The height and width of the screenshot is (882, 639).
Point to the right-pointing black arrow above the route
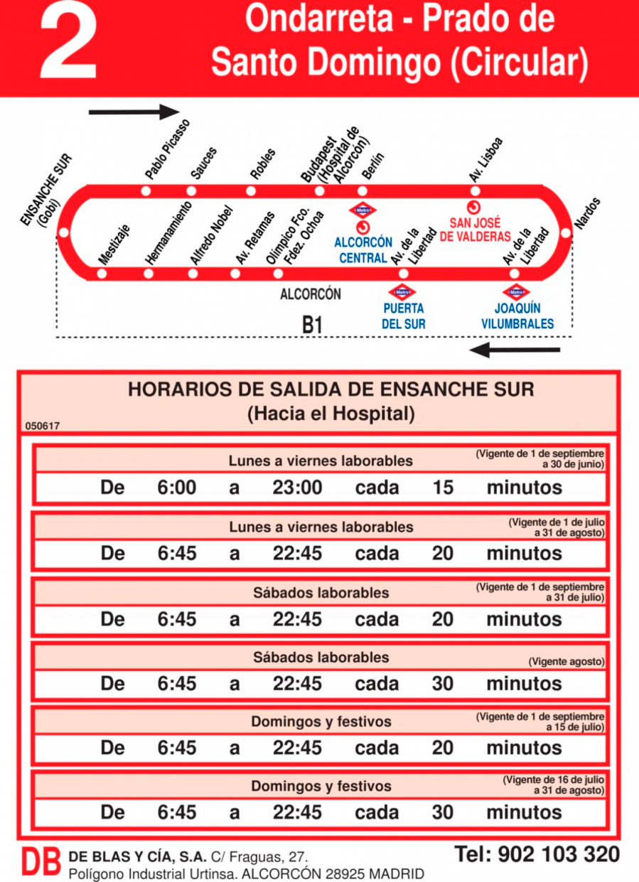click(x=134, y=112)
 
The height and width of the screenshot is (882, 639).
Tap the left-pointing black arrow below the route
click(x=515, y=350)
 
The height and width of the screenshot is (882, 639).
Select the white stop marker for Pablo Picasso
click(x=146, y=190)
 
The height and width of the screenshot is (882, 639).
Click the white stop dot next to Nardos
click(x=566, y=232)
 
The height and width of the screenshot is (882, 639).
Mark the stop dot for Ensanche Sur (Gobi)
click(x=64, y=232)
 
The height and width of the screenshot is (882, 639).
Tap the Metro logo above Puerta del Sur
click(x=402, y=292)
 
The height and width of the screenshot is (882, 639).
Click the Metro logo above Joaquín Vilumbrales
click(x=516, y=292)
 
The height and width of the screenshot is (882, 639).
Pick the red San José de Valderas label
click(x=476, y=230)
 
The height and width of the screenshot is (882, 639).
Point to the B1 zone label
click(x=313, y=325)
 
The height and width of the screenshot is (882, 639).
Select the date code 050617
click(x=43, y=426)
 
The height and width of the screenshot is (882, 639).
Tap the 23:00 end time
click(x=297, y=488)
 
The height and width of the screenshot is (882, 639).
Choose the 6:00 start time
click(x=177, y=488)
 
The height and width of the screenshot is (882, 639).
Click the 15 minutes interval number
click(x=443, y=488)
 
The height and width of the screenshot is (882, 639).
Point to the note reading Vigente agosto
click(x=566, y=662)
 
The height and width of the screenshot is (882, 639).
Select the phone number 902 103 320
click(x=537, y=854)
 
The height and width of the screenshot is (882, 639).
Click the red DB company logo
click(x=41, y=862)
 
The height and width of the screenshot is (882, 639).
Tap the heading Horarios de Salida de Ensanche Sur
click(x=331, y=389)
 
